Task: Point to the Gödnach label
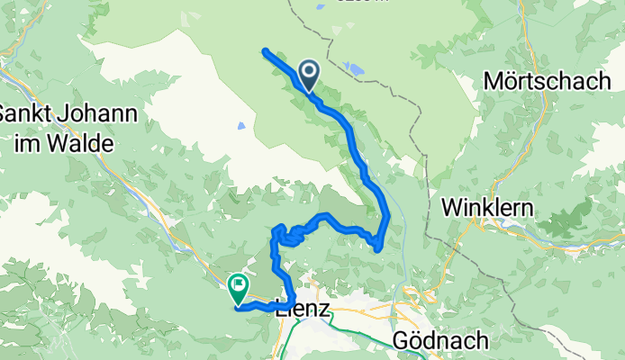(x=441, y=340)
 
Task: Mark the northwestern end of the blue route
(x=265, y=50)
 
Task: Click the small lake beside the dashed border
(x=355, y=67)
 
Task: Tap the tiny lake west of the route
(x=240, y=127)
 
